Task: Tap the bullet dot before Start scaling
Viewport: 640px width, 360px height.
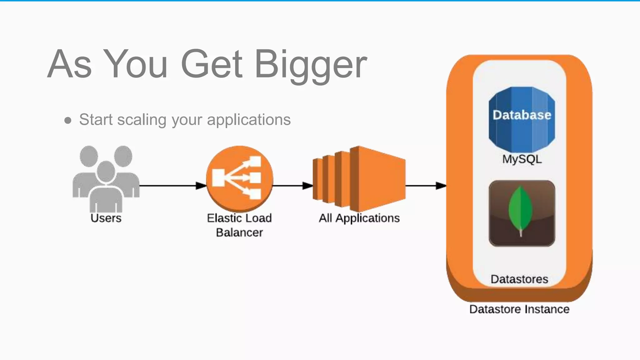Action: point(68,120)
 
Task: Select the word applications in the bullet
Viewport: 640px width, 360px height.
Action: point(249,120)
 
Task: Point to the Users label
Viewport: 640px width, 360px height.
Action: point(106,218)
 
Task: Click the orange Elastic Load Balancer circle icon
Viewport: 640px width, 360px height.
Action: point(239,178)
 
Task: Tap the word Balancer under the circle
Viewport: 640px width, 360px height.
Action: point(239,232)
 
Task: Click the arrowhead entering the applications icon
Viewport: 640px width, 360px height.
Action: point(308,186)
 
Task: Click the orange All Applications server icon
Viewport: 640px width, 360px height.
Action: point(359,179)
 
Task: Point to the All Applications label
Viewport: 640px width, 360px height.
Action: point(359,218)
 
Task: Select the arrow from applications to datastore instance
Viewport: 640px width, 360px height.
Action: point(425,186)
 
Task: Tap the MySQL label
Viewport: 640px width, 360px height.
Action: point(522,159)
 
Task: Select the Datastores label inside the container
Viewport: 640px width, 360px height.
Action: point(519,279)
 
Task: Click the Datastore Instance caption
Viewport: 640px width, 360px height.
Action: point(519,309)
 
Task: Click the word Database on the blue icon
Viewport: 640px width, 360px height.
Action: point(522,115)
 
